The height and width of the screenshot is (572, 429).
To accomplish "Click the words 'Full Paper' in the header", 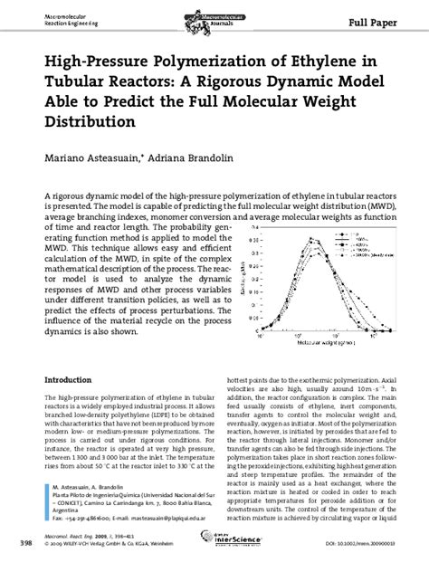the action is pos(390,19).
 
